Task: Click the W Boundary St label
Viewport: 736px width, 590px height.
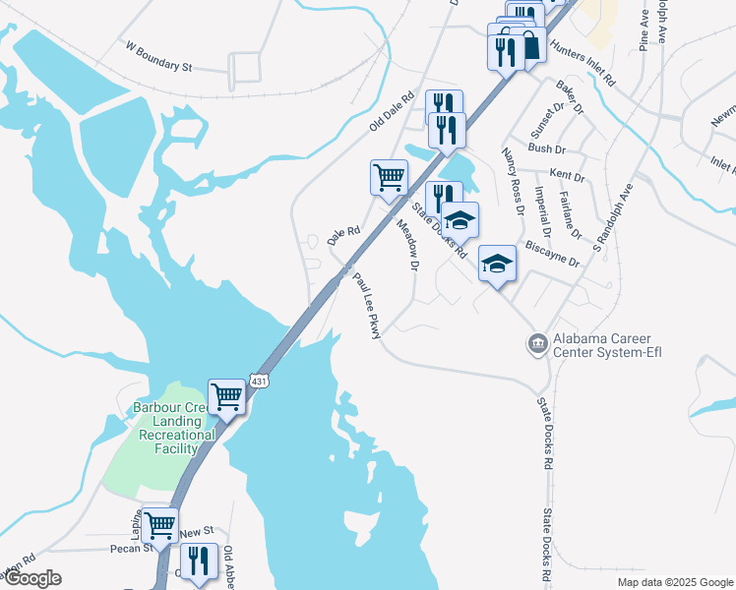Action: pyautogui.click(x=157, y=55)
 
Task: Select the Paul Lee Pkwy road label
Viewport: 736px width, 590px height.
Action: pyautogui.click(x=367, y=306)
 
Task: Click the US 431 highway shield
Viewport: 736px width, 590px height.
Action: pyautogui.click(x=259, y=381)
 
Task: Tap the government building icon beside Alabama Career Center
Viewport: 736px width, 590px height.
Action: pyautogui.click(x=538, y=343)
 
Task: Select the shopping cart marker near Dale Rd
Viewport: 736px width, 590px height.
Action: pyautogui.click(x=389, y=178)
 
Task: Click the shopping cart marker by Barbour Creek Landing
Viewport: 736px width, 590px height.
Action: pyautogui.click(x=226, y=396)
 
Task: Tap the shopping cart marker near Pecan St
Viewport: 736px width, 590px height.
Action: pyautogui.click(x=159, y=524)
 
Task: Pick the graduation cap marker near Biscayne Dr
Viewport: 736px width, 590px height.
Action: pyautogui.click(x=497, y=263)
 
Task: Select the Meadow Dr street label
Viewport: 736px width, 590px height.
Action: pyautogui.click(x=407, y=245)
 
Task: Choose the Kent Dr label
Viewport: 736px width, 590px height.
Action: pyautogui.click(x=568, y=177)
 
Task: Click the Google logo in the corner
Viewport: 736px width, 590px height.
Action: pyautogui.click(x=31, y=578)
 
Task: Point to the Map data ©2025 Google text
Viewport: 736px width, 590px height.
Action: pyautogui.click(x=674, y=582)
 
